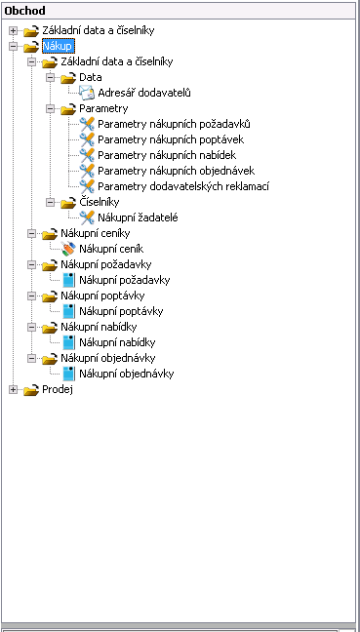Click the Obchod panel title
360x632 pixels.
pos(24,11)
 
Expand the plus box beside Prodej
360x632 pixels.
pos(14,390)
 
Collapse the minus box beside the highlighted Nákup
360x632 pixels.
pos(14,47)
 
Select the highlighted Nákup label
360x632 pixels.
pos(59,46)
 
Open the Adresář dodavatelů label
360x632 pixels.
pos(144,93)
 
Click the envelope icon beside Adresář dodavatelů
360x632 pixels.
pos(87,93)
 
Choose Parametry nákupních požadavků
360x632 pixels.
pos(175,124)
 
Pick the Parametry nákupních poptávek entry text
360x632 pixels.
pos(171,139)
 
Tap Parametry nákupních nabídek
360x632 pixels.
pos(167,155)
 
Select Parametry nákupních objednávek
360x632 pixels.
pos(177,171)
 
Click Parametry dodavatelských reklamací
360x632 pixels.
pos(183,186)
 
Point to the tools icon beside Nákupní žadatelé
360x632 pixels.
pos(87,217)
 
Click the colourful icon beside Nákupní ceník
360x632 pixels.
pos(68,249)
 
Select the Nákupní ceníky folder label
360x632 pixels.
pos(96,233)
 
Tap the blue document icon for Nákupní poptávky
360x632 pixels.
pos(68,311)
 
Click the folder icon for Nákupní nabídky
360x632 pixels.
pos(50,328)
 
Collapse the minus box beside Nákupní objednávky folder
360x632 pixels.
pos(32,358)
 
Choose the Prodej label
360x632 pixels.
pos(58,390)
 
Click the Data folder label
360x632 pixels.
pos(91,77)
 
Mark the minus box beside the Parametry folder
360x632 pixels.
pos(51,109)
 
